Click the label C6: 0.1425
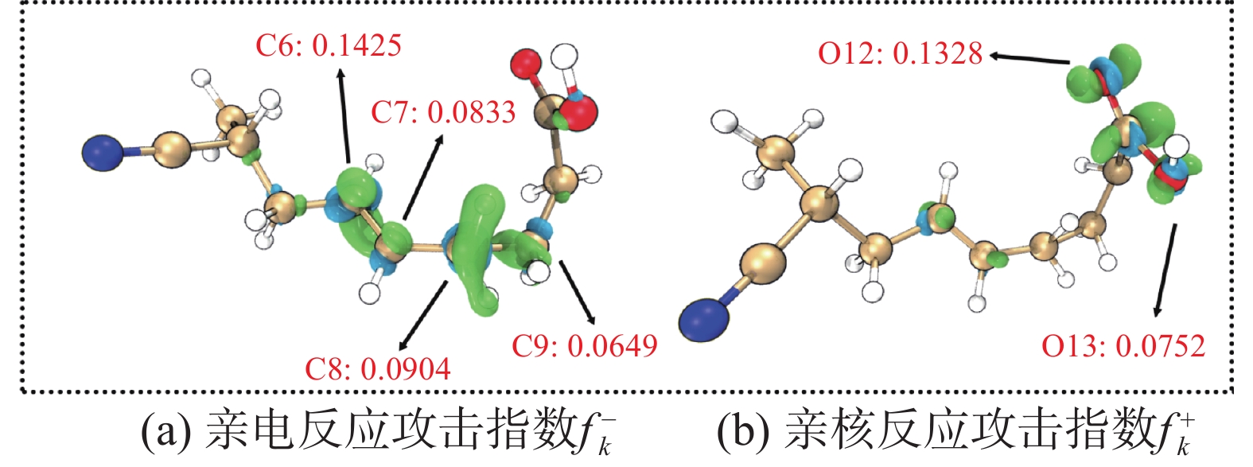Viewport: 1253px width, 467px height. click(328, 45)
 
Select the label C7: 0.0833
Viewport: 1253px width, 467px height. click(443, 112)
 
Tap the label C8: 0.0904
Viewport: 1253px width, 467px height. click(378, 368)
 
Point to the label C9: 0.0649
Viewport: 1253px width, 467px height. click(585, 345)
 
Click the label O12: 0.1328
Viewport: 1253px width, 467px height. click(901, 53)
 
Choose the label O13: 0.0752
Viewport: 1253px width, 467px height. click(1123, 345)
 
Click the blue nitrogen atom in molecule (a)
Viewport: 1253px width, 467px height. click(103, 153)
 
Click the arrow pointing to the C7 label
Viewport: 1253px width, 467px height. click(424, 175)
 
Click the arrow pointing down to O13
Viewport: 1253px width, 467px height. click(1165, 270)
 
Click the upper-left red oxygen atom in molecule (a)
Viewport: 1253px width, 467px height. click(526, 63)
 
